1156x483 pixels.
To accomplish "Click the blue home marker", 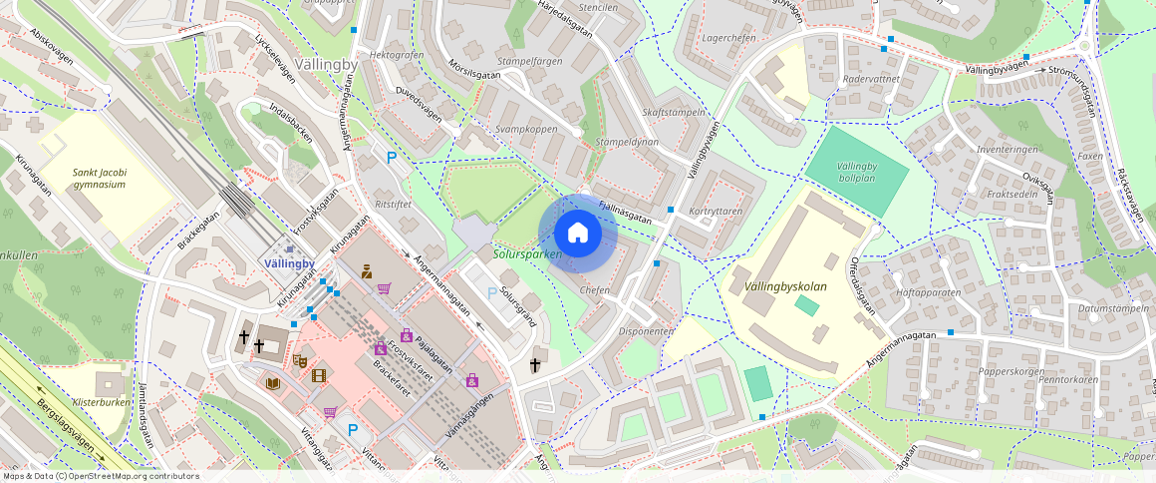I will pyautogui.click(x=577, y=234).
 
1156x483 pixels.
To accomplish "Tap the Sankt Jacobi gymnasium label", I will pyautogui.click(x=99, y=178).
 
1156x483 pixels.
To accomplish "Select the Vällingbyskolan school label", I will pyautogui.click(x=785, y=287).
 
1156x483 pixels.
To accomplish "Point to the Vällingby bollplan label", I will pyautogui.click(x=856, y=172).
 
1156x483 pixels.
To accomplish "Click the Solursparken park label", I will pyautogui.click(x=527, y=254).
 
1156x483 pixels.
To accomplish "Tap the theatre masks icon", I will pyautogui.click(x=298, y=358).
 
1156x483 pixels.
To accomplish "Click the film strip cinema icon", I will pyautogui.click(x=319, y=376).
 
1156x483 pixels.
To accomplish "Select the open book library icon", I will pyautogui.click(x=273, y=383).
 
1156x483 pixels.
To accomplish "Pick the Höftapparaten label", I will pyautogui.click(x=928, y=292).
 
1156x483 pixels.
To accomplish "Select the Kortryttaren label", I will pyautogui.click(x=716, y=212).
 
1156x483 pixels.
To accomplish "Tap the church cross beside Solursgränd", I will pyautogui.click(x=538, y=365).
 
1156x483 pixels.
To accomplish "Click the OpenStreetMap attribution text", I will pyautogui.click(x=101, y=476).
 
